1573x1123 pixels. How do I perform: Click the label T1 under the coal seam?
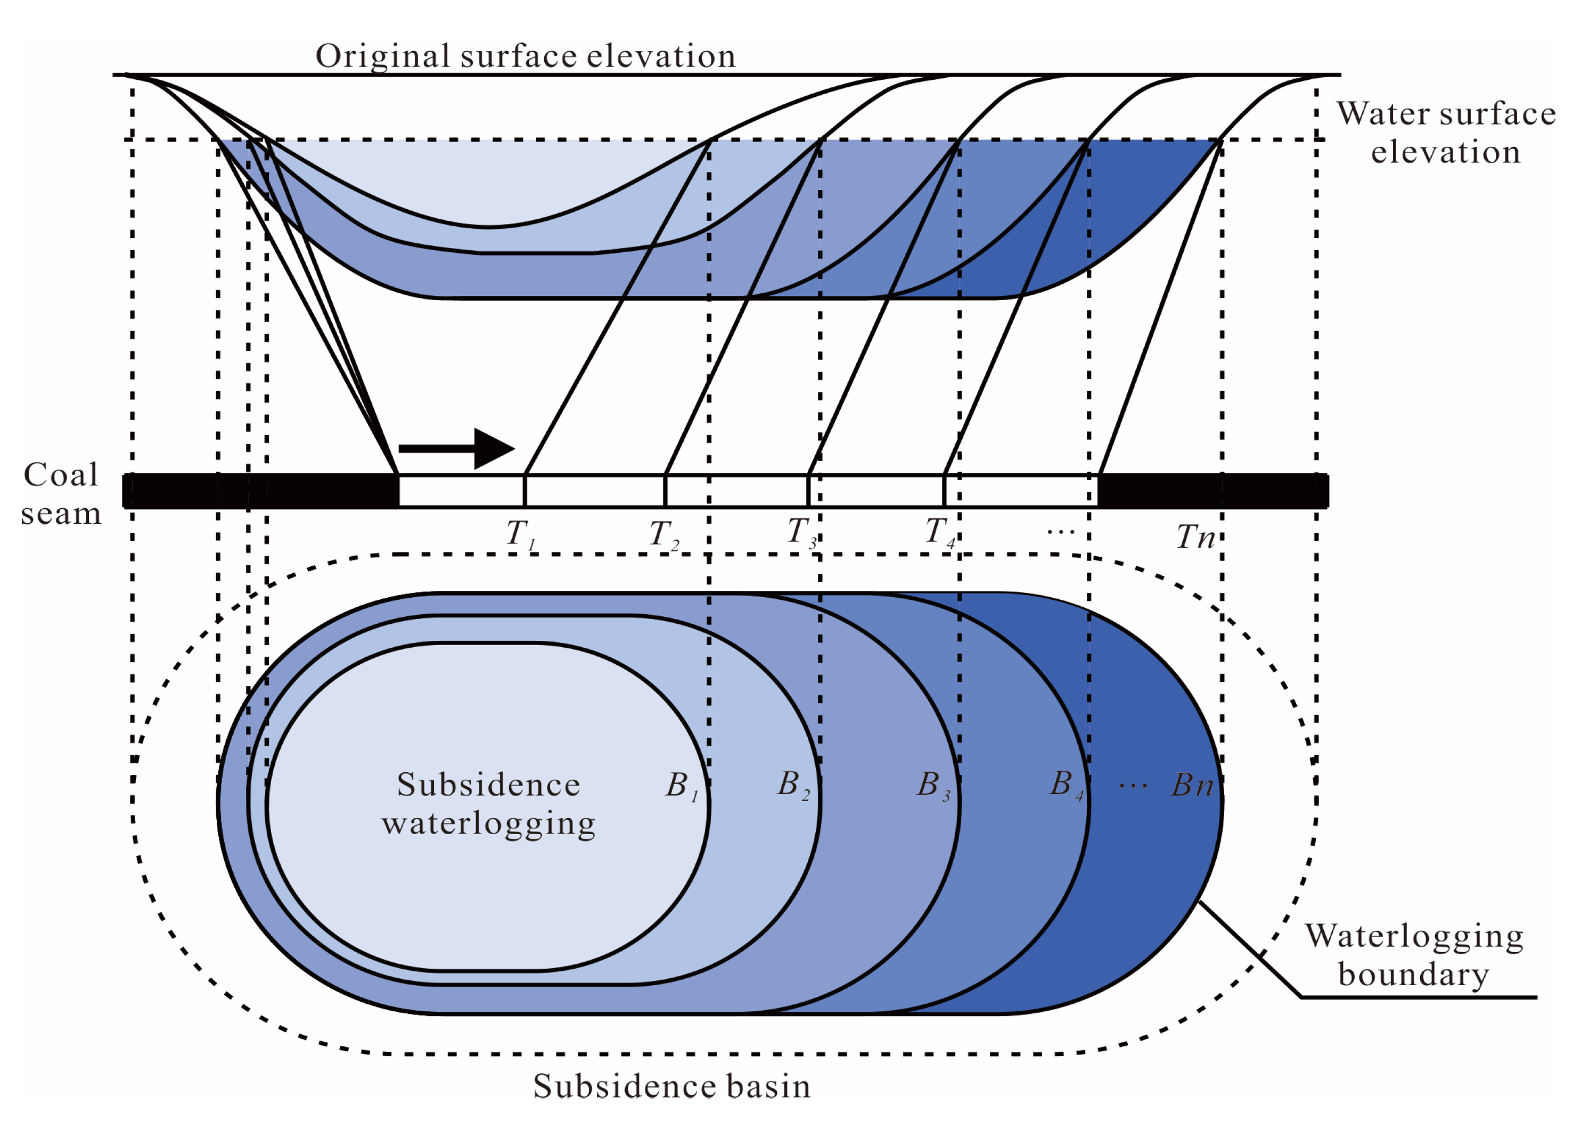(520, 534)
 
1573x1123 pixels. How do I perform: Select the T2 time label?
(662, 534)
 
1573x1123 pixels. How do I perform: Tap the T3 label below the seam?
(801, 532)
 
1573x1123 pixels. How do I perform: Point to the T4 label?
(939, 532)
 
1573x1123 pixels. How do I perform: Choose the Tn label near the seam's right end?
(1194, 536)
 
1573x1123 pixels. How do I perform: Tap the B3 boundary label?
(932, 786)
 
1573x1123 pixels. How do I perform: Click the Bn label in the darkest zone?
(1191, 786)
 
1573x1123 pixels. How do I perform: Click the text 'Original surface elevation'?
(525, 56)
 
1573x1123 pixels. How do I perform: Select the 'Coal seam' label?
(61, 493)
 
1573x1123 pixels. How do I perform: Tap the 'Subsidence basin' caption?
(671, 1086)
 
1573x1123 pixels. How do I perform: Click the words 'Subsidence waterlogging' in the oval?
(488, 804)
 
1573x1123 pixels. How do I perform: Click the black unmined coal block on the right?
(1212, 491)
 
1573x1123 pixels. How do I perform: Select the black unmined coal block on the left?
(259, 491)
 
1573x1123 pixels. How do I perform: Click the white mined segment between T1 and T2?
(594, 491)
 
